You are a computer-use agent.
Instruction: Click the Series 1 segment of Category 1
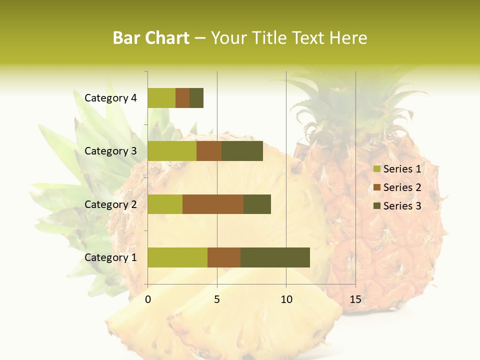pos(177,257)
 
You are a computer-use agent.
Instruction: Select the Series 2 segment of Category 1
pos(224,257)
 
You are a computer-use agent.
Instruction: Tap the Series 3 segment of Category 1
pos(275,257)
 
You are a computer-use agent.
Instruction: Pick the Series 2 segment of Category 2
pos(213,204)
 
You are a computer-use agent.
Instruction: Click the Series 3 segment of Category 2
pos(257,204)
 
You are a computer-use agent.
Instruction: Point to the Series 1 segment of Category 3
pos(172,151)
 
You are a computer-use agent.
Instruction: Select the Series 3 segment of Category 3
pos(242,151)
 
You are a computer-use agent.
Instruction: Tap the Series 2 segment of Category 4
pos(182,98)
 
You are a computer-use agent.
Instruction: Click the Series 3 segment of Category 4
pos(196,98)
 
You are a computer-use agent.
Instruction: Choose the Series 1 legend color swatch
pos(376,169)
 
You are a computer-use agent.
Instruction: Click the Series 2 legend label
pos(402,187)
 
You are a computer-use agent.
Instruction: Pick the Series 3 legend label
pos(402,206)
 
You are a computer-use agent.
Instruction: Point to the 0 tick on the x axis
pos(148,299)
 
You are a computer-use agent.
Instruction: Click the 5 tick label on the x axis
pos(217,299)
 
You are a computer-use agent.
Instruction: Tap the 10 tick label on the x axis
pos(286,299)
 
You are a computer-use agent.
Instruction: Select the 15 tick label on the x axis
pos(355,299)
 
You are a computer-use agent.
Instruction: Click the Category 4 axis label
pos(110,98)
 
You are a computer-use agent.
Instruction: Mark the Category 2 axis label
pos(110,204)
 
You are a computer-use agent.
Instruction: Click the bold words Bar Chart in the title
pos(151,38)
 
